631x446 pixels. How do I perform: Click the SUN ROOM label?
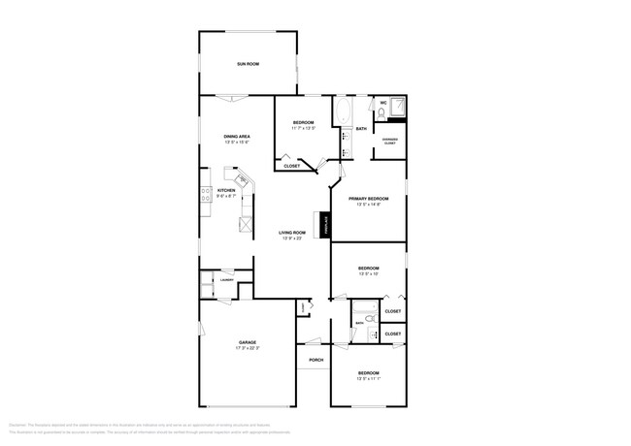coord(248,64)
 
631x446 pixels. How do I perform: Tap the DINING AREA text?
coord(237,137)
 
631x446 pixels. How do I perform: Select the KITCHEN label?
coord(226,190)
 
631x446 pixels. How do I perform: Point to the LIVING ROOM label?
coord(292,233)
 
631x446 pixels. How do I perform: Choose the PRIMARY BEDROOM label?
coord(368,198)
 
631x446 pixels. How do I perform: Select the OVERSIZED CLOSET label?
coord(389,141)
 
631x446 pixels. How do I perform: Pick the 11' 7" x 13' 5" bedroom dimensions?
coord(303,128)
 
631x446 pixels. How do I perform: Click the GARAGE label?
coord(248,342)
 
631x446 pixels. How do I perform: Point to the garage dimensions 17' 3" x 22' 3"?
coord(248,348)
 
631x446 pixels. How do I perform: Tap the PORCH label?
coord(315,360)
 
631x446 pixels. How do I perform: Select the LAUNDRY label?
coord(226,280)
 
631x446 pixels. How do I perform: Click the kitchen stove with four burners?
coord(206,198)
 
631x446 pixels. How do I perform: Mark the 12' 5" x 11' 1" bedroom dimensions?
coord(367,379)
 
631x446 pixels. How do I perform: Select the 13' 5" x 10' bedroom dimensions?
coord(367,273)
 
